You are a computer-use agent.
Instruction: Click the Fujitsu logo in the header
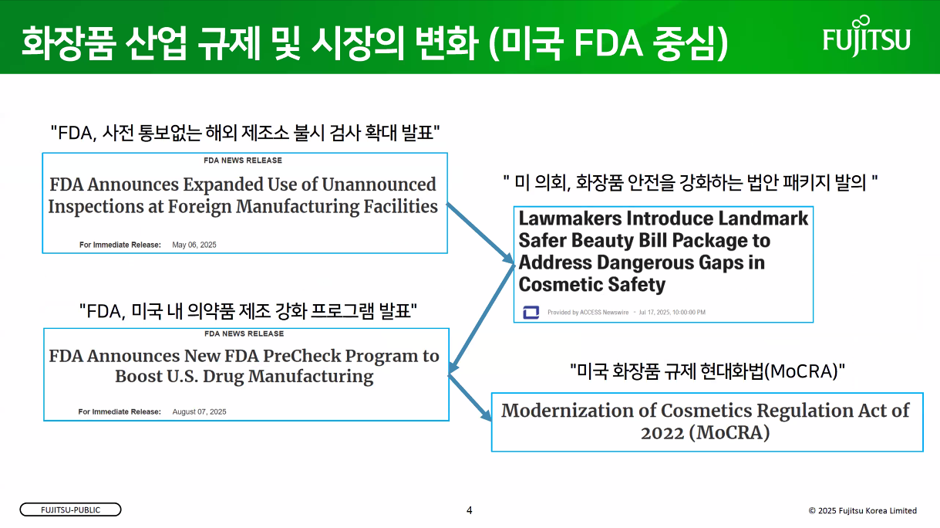pos(867,36)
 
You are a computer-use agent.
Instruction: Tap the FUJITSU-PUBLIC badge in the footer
pos(70,510)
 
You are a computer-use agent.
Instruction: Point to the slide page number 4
pos(469,510)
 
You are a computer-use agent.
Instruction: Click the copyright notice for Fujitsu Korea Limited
pos(862,511)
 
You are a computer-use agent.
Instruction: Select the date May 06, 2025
pos(194,245)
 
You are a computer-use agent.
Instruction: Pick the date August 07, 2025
pos(199,412)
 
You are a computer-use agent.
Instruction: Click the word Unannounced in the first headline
pos(379,184)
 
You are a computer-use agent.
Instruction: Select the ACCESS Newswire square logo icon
pos(531,312)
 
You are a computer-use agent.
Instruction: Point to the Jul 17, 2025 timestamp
pos(672,313)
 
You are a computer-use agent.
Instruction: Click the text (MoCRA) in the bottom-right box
pos(729,432)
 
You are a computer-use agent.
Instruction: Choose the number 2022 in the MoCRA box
pos(662,432)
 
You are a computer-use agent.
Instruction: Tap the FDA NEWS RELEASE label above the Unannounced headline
pos(243,161)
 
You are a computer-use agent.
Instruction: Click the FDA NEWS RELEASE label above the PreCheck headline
pos(244,334)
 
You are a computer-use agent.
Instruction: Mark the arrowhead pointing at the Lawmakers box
pos(508,259)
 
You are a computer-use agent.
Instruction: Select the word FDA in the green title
pos(608,42)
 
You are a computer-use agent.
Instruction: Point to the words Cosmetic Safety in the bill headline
pos(592,285)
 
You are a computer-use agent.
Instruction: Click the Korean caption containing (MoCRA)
pos(707,371)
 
